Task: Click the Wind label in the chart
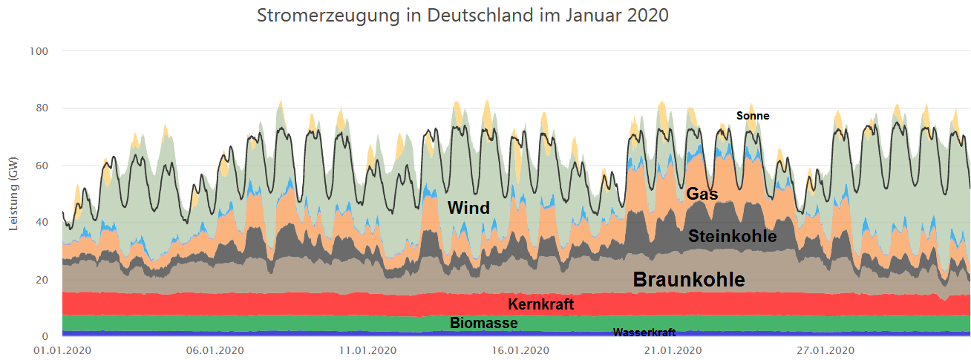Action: click(x=468, y=208)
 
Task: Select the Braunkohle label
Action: click(x=688, y=279)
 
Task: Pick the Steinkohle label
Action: click(x=732, y=237)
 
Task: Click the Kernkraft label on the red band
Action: click(x=540, y=304)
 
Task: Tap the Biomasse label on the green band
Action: click(x=483, y=324)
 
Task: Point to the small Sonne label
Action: click(x=752, y=116)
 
